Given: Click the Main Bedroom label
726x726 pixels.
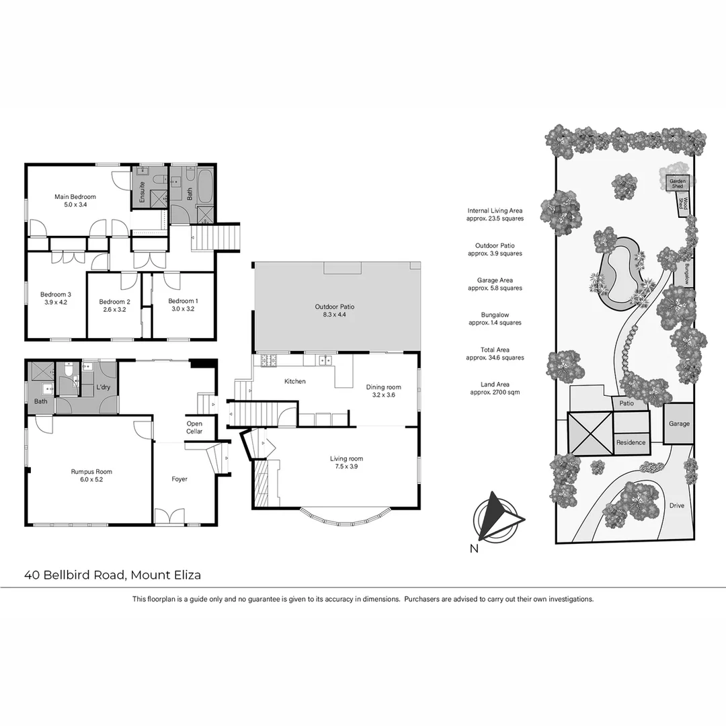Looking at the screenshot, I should (75, 196).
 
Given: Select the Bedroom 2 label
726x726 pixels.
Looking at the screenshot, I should (114, 302).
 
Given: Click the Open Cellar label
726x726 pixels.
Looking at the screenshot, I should (194, 428).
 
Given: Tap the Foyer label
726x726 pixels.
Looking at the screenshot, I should (179, 479).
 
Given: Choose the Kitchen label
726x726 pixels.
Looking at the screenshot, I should (295, 381).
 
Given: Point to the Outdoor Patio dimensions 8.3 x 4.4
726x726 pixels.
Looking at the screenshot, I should (335, 315).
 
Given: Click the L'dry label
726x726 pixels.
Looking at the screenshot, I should (103, 387).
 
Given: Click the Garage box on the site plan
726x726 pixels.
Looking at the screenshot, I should (679, 424).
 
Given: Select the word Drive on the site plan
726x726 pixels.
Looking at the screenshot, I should (677, 506).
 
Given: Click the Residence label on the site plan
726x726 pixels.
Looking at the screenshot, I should (631, 442).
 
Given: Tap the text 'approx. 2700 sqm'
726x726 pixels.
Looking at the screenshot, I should (495, 392).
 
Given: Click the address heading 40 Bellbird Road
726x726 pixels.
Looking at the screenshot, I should (112, 575).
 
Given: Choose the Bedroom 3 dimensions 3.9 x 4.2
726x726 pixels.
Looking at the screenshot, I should (55, 302).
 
